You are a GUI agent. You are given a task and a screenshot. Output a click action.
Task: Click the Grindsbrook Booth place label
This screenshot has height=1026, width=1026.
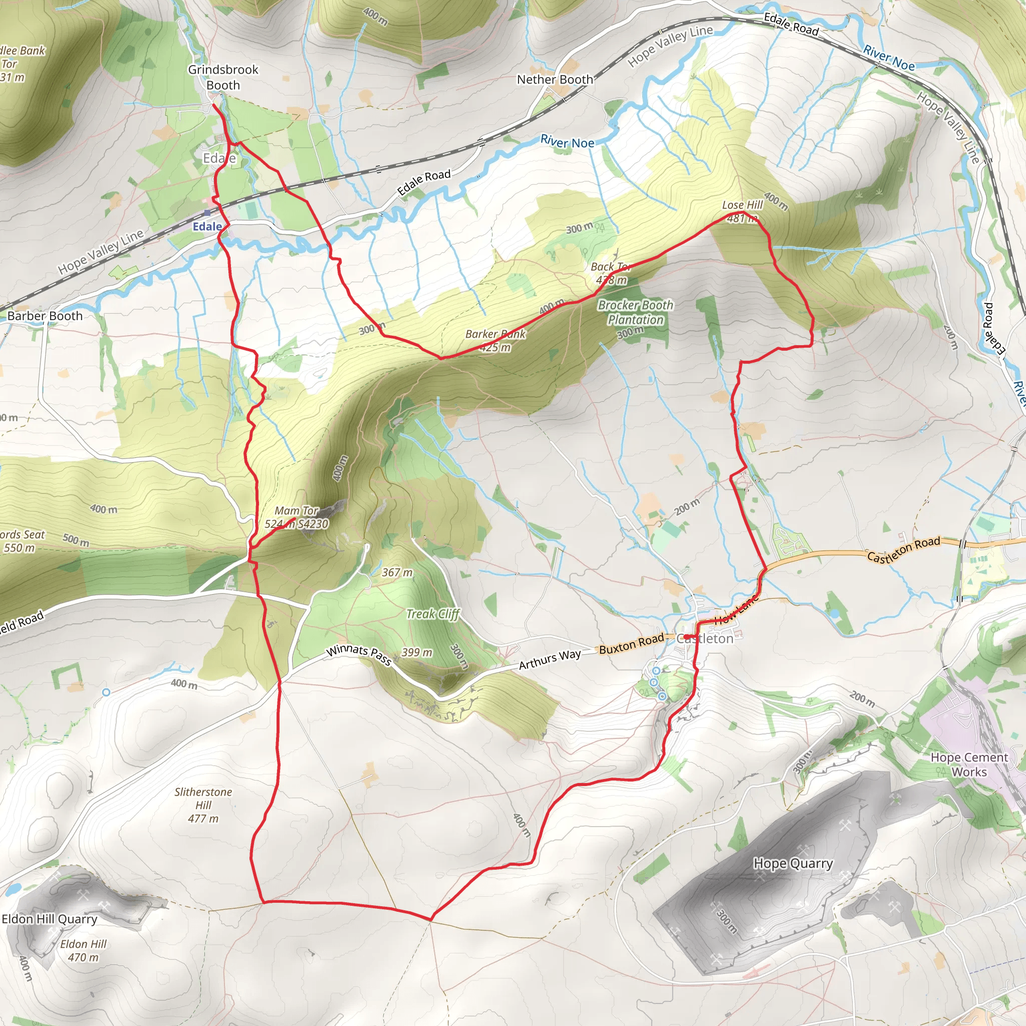pos(223,77)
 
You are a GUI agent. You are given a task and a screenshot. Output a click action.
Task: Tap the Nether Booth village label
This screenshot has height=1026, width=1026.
pos(555,80)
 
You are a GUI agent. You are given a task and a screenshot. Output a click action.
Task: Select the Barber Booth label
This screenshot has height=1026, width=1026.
pos(45,316)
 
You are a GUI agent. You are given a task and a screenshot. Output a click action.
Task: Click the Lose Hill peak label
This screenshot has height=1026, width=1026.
pos(742,205)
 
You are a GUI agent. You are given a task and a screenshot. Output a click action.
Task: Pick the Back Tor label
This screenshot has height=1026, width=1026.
pos(610,267)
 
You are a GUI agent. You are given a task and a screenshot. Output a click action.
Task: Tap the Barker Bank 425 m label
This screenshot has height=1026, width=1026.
pos(495,340)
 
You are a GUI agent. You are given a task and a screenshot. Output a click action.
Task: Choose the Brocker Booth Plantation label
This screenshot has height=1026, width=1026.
pos(635,312)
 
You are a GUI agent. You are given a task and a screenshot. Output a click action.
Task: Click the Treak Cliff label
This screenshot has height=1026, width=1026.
pos(433,614)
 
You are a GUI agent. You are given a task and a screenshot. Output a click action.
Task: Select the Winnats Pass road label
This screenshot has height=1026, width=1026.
pos(359,655)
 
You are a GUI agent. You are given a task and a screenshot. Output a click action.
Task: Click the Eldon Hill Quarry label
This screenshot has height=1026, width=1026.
pos(50,919)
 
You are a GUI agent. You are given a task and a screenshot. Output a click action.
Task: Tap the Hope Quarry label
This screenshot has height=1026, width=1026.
pos(793,864)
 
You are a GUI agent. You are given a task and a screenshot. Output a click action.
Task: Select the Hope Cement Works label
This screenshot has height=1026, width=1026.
pos(969,764)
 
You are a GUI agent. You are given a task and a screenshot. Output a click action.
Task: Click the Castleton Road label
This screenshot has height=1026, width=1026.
pos(903,549)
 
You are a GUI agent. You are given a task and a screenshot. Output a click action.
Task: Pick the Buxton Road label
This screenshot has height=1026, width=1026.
pos(631,643)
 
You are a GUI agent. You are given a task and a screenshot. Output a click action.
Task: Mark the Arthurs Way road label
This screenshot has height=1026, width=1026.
pos(550,659)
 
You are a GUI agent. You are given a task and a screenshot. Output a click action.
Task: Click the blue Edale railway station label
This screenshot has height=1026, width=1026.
pos(207,226)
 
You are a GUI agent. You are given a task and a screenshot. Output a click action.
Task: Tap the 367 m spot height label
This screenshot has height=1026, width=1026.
pos(397,573)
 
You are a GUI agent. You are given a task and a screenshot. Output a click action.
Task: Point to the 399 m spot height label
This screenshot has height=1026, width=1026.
pos(417,652)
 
